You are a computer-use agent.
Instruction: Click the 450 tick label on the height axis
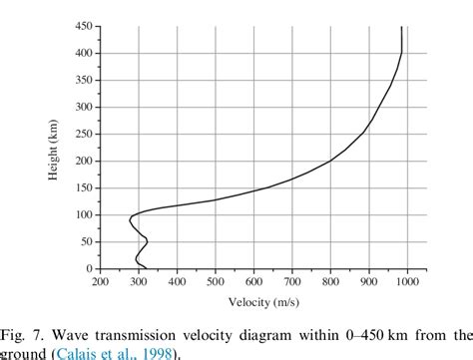[x=84, y=27]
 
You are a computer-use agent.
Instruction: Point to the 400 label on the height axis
[x=84, y=54]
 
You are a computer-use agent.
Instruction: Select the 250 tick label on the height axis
[x=84, y=135]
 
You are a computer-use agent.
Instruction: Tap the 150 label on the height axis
[x=84, y=188]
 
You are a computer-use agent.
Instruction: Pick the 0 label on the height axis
[x=90, y=269]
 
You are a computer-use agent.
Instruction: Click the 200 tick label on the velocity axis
[x=101, y=283]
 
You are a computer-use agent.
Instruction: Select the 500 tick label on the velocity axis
[x=216, y=283]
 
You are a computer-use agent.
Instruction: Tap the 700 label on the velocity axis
[x=292, y=283]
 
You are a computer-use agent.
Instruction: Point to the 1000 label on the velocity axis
[x=406, y=283]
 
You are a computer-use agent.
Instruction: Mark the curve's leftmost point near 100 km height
[x=130, y=217]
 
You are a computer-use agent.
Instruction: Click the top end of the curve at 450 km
[x=401, y=28]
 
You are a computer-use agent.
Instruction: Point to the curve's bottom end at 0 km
[x=147, y=268]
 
